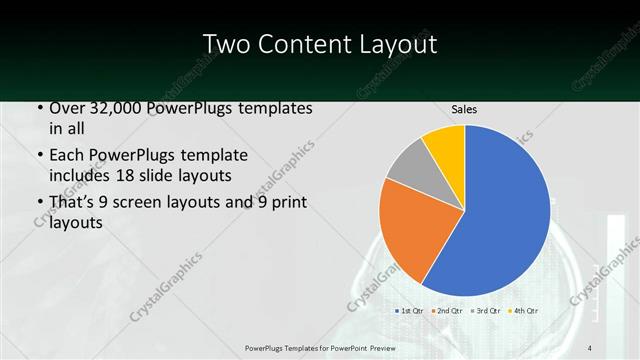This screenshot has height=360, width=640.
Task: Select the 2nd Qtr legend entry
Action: [x=448, y=311]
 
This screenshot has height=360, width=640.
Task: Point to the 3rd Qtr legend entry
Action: [x=485, y=311]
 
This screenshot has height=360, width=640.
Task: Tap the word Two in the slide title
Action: [x=226, y=45]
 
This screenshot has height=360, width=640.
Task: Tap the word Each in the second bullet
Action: [x=67, y=156]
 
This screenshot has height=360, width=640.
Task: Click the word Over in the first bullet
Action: [x=67, y=108]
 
